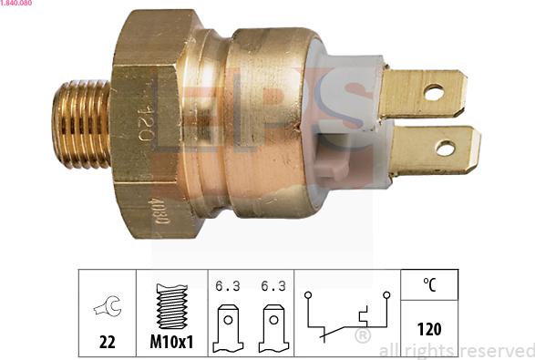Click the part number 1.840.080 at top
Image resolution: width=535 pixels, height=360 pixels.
coord(19,5)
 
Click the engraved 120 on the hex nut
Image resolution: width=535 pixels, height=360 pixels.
coord(143,121)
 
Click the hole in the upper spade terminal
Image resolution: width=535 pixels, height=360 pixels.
coord(434,92)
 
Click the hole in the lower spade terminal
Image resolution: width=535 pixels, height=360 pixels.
coord(445,148)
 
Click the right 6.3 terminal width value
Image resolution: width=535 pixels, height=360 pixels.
coord(273,285)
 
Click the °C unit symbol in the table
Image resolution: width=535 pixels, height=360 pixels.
coord(428,284)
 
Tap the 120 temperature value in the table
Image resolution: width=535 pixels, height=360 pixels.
coord(428,329)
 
